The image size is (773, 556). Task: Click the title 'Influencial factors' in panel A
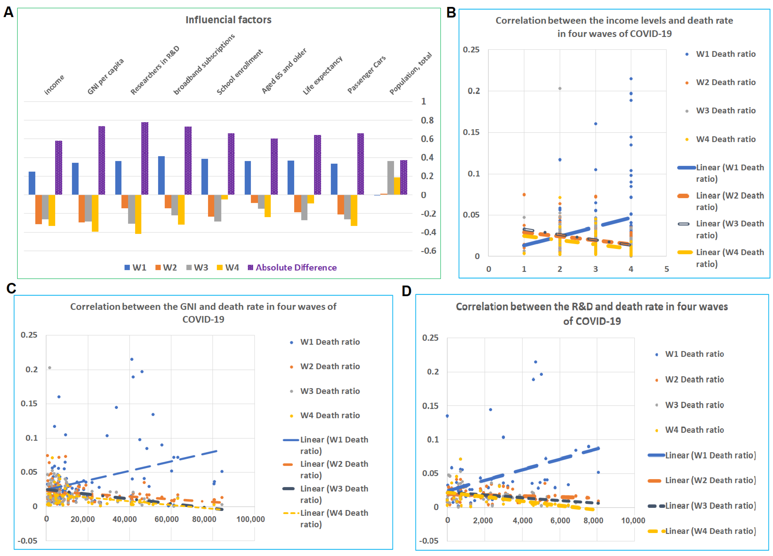coord(228,20)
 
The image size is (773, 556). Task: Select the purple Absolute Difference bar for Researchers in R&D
coord(145,158)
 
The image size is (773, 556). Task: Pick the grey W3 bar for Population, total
coord(391,178)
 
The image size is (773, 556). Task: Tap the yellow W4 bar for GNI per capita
coord(95,213)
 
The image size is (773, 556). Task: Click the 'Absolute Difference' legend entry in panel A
coord(296,268)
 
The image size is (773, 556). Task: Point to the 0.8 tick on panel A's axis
coord(427,120)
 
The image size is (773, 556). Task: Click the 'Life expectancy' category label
coord(322,76)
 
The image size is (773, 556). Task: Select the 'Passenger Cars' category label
coord(366,74)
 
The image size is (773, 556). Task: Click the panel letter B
coord(451,13)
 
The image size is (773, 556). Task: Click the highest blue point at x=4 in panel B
coord(631,79)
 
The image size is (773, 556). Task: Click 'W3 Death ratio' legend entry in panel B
coord(726,111)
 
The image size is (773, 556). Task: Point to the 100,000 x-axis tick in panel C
coord(250,519)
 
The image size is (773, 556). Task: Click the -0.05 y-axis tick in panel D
coord(429,541)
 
